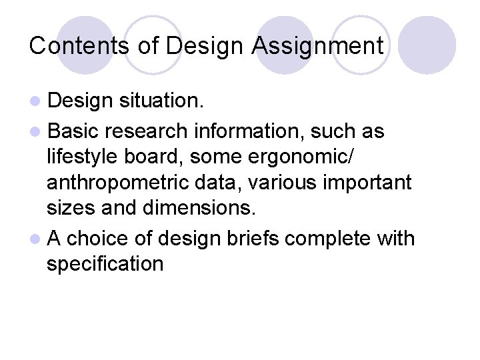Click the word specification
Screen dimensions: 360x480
pos(105,264)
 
